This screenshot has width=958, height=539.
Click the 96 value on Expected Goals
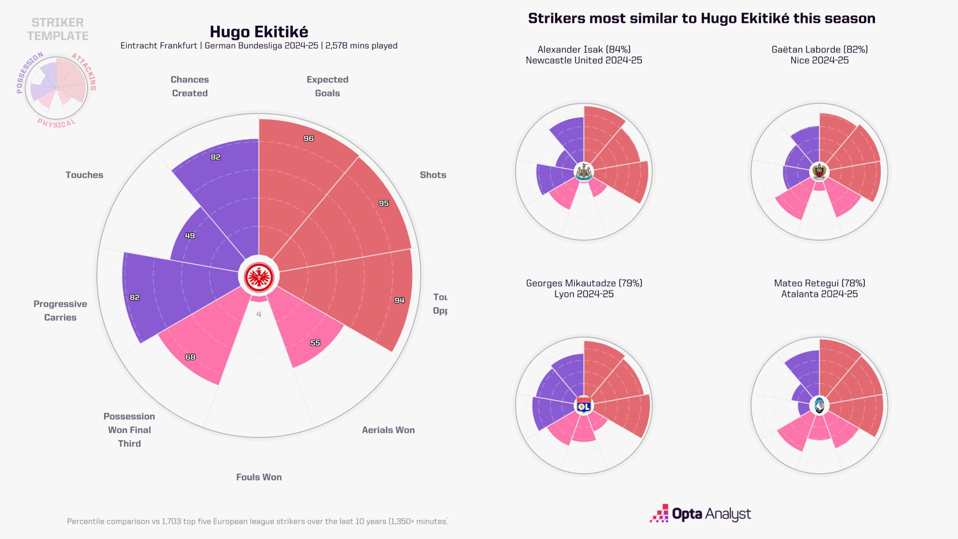tap(308, 138)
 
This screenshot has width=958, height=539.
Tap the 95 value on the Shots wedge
tap(384, 203)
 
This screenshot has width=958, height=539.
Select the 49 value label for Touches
tap(190, 235)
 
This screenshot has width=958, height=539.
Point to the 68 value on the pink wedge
tap(190, 357)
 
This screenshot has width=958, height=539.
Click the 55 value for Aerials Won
tap(315, 343)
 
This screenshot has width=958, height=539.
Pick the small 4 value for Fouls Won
tap(259, 314)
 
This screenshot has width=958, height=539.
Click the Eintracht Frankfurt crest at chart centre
tap(259, 277)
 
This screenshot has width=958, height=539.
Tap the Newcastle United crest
tap(584, 172)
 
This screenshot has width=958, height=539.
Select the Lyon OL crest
tap(584, 406)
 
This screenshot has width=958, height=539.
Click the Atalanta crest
tap(819, 406)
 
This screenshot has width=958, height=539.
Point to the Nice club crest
tap(819, 172)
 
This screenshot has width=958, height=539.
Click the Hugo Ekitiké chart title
tap(259, 32)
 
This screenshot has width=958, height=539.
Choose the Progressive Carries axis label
tap(60, 311)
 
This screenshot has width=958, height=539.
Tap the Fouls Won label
tap(259, 477)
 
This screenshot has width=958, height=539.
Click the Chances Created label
tap(189, 87)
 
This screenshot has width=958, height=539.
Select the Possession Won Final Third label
tap(129, 430)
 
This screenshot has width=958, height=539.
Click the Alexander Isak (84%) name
tap(584, 50)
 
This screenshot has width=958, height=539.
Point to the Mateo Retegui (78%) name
tap(820, 283)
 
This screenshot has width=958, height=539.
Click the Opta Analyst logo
tap(700, 514)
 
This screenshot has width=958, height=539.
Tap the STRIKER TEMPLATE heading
tap(58, 29)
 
